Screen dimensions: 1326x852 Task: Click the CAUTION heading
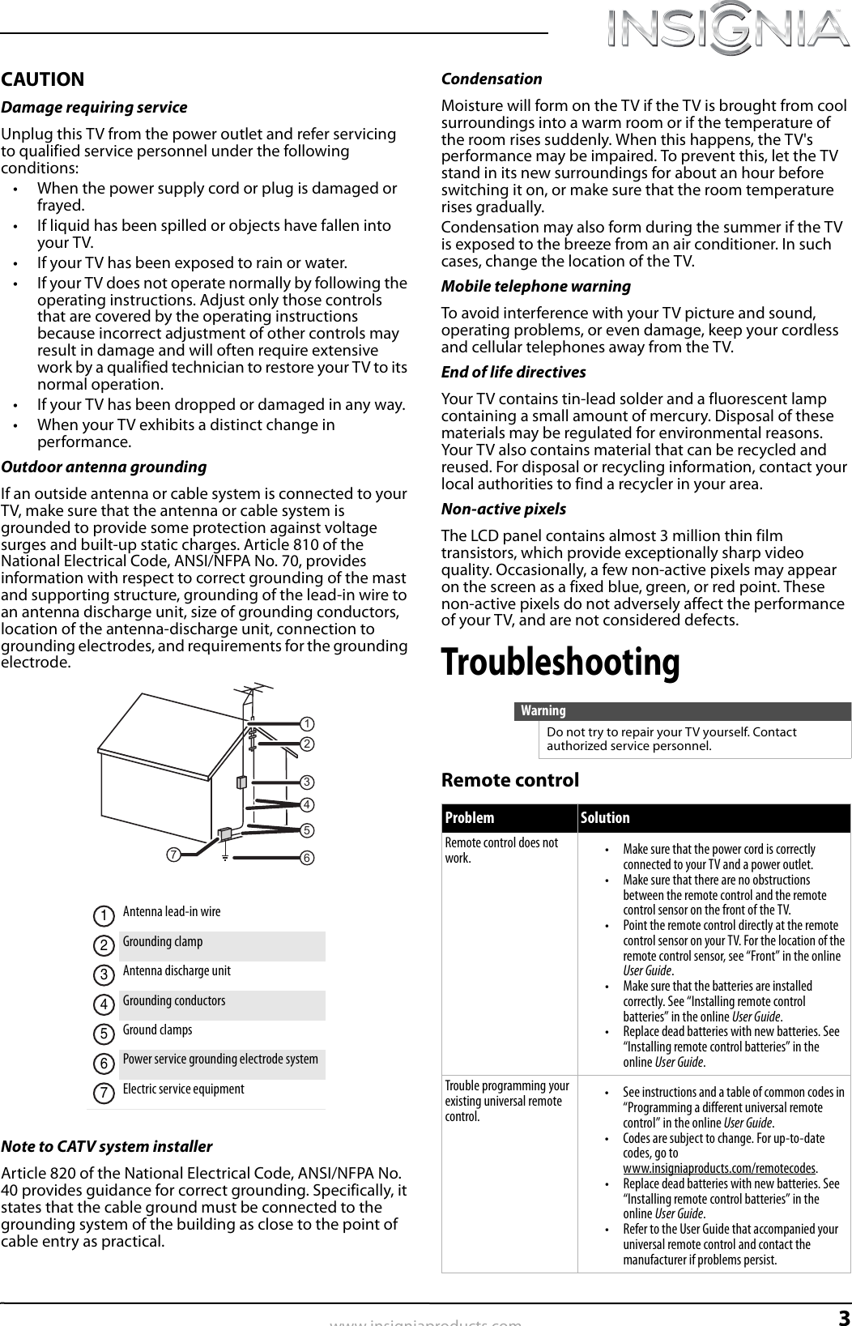click(43, 79)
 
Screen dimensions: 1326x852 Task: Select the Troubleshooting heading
click(560, 662)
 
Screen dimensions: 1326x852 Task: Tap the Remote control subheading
click(510, 780)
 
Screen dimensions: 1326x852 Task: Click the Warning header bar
click(683, 711)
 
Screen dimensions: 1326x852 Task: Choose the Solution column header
click(605, 818)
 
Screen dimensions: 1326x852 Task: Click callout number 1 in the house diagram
click(308, 723)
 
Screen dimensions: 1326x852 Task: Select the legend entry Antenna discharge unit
click(177, 970)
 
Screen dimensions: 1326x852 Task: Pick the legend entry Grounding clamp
click(163, 941)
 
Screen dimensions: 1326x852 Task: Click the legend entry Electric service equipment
click(183, 1089)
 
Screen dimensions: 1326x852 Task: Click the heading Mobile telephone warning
click(535, 286)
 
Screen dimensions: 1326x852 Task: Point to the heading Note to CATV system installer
click(107, 1146)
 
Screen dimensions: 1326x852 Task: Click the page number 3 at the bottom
click(843, 1315)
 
